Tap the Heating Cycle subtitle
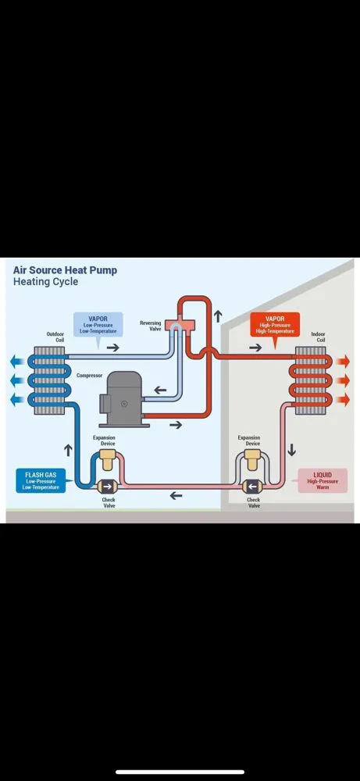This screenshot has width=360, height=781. point(45,282)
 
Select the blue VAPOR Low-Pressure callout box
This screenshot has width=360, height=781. point(98,324)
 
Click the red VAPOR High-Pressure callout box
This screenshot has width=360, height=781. point(275,324)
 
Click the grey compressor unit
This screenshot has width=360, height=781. point(126,398)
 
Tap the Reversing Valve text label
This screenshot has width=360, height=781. point(150,326)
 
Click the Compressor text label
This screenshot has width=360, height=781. point(89,375)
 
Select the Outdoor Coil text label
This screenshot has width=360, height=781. point(55,337)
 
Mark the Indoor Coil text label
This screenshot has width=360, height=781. point(318,337)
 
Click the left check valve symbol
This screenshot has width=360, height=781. point(108,486)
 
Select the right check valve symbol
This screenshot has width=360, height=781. point(251,485)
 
